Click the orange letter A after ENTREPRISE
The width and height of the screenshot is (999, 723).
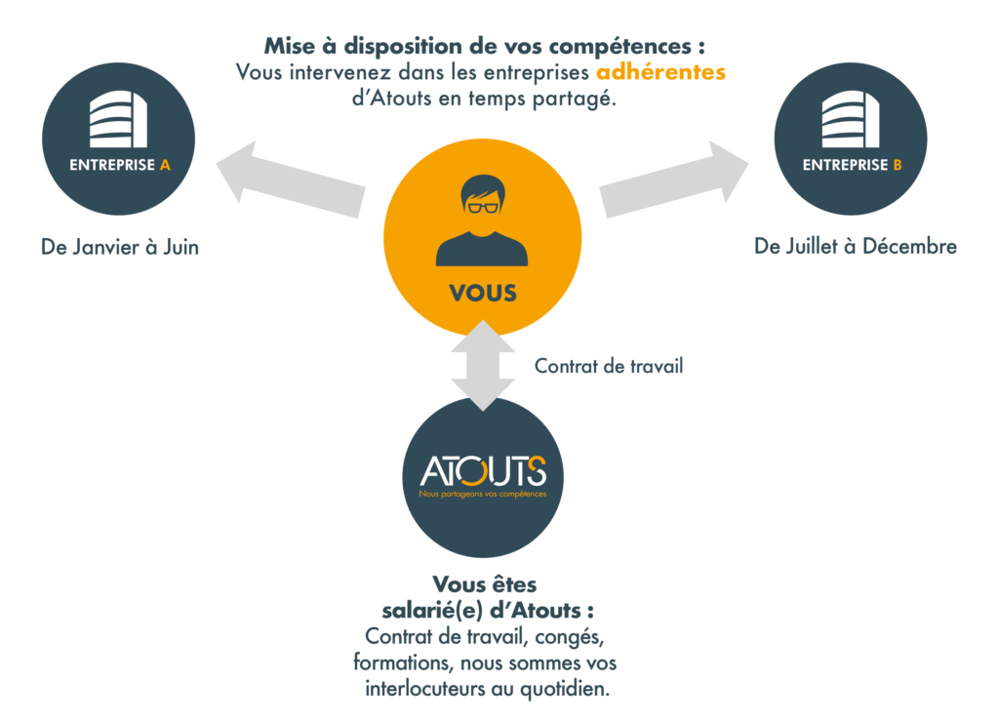[165, 166]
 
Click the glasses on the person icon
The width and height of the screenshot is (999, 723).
[482, 206]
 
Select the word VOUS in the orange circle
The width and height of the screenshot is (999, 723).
[483, 293]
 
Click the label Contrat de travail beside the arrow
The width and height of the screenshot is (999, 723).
[609, 368]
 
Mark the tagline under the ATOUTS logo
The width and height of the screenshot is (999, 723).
[483, 495]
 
